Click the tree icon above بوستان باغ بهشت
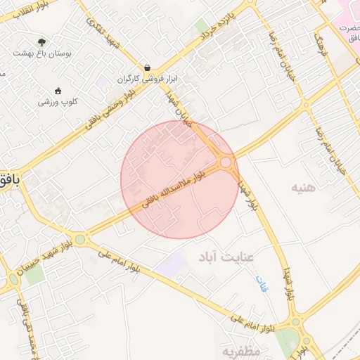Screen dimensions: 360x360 point(41,42)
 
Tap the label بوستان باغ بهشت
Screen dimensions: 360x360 point(42,53)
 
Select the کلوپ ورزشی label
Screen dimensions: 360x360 point(58,102)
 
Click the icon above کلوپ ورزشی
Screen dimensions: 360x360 point(58,90)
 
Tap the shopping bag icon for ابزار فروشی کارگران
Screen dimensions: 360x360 point(146,67)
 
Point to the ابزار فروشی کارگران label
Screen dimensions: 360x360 point(144,78)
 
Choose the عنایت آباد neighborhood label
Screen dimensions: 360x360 point(237,255)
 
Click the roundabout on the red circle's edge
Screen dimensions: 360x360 point(225,162)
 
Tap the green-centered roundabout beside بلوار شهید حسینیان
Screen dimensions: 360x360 point(80,240)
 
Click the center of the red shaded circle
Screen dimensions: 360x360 point(179,179)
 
